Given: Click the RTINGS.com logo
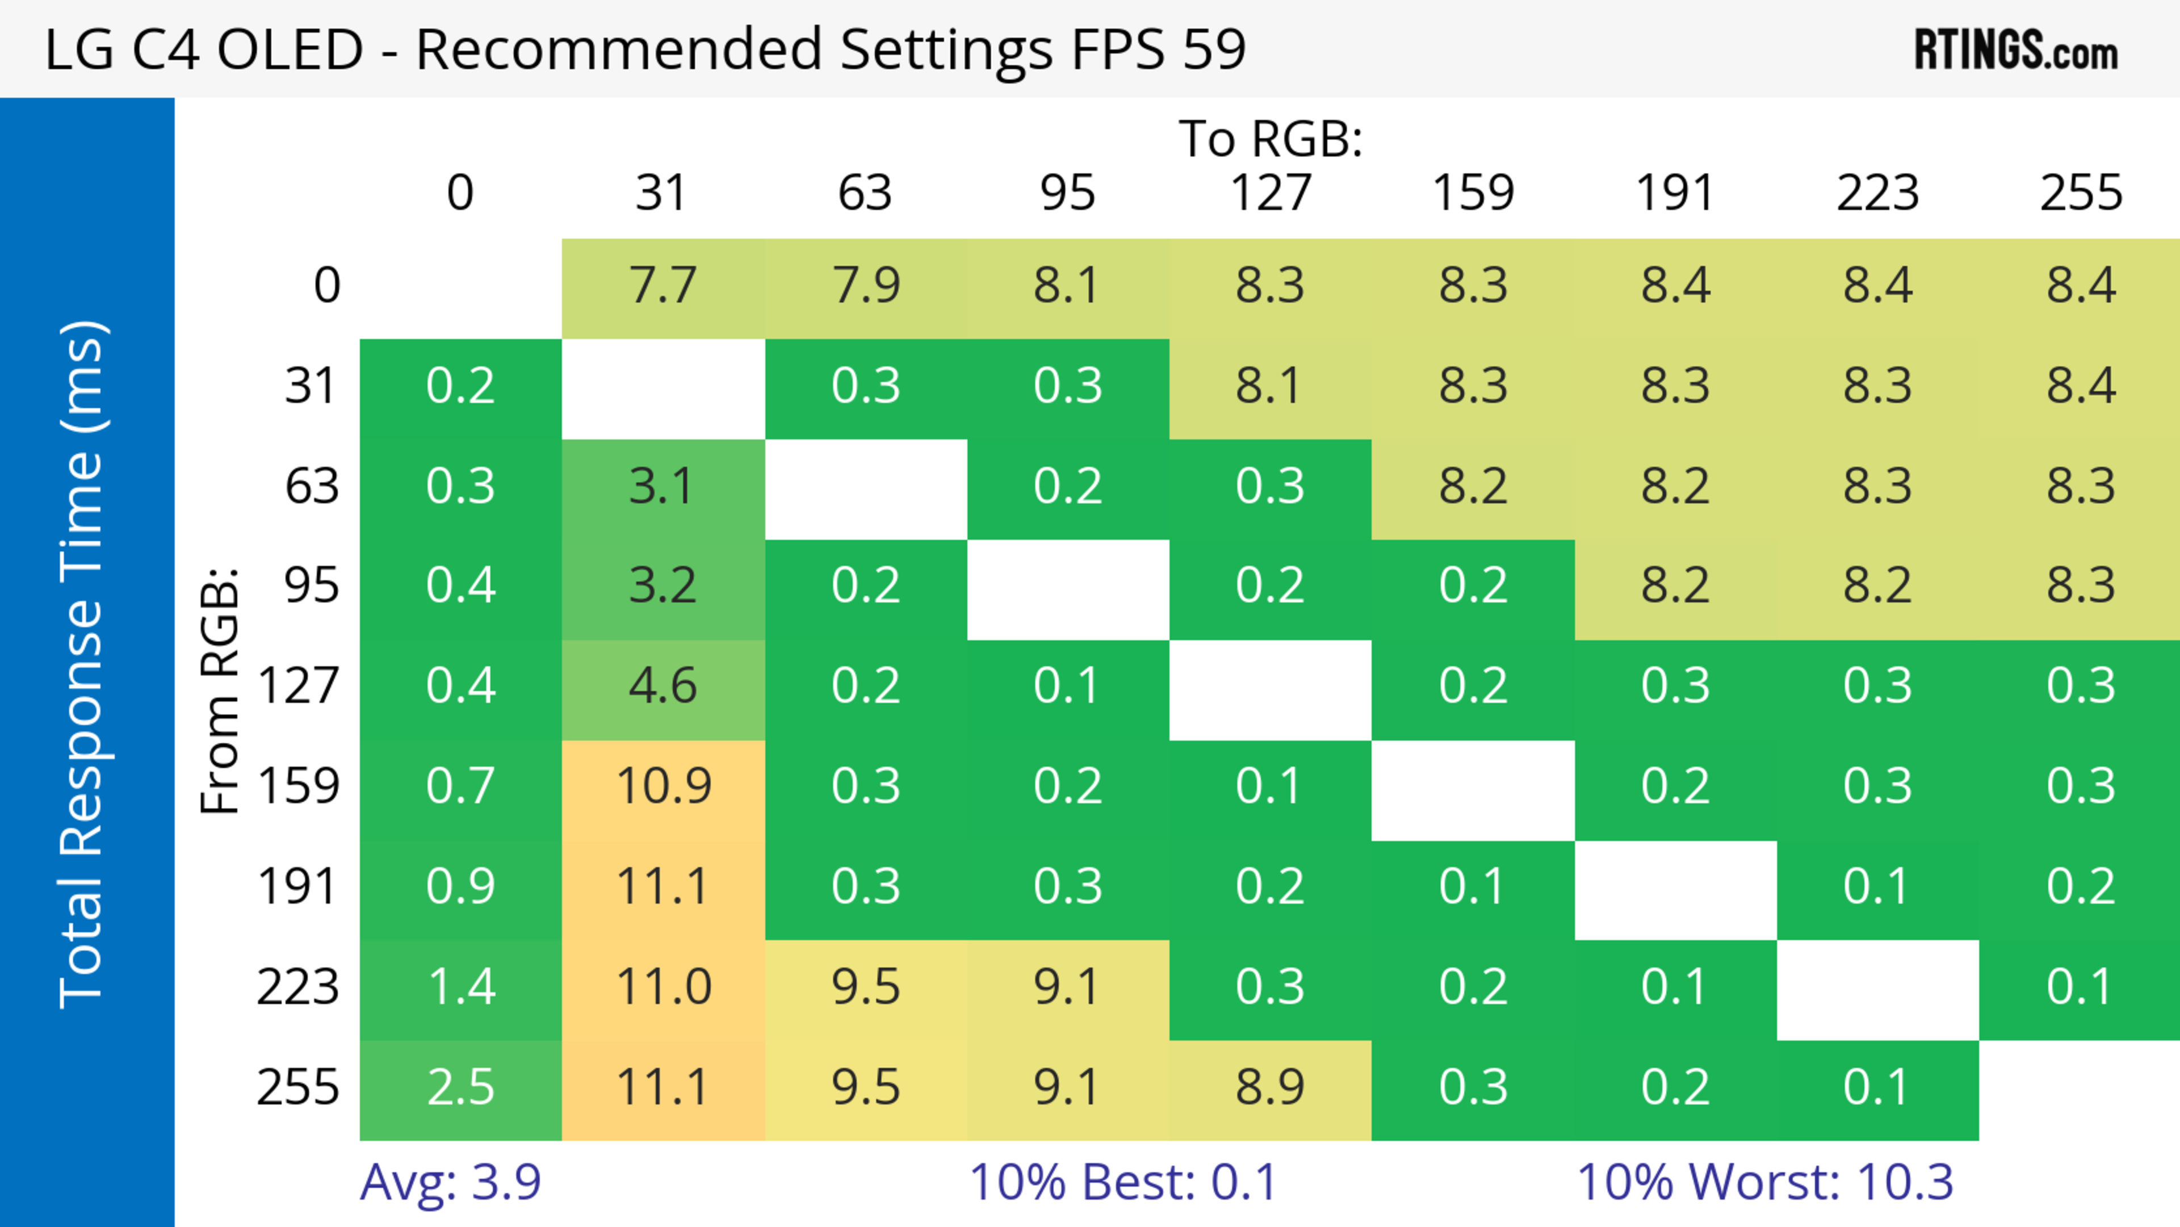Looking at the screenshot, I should pyautogui.click(x=2016, y=50).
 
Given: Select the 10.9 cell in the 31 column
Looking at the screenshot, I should pyautogui.click(x=663, y=786).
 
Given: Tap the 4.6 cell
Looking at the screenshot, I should pyautogui.click(x=663, y=685).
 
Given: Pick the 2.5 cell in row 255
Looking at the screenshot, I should pyautogui.click(x=460, y=1087).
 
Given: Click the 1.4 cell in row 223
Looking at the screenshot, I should pyautogui.click(x=460, y=987).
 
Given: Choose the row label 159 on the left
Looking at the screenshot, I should pyautogui.click(x=298, y=786).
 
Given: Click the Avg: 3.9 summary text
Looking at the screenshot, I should pyautogui.click(x=450, y=1182).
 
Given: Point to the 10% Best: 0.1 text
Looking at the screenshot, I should pyautogui.click(x=1122, y=1182).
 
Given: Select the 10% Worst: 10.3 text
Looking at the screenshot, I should pyautogui.click(x=1764, y=1182).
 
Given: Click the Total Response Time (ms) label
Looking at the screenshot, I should pyautogui.click(x=83, y=664).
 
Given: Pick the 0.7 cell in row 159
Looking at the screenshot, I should pyautogui.click(x=460, y=786).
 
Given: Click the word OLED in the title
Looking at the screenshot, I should pyautogui.click(x=290, y=49).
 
